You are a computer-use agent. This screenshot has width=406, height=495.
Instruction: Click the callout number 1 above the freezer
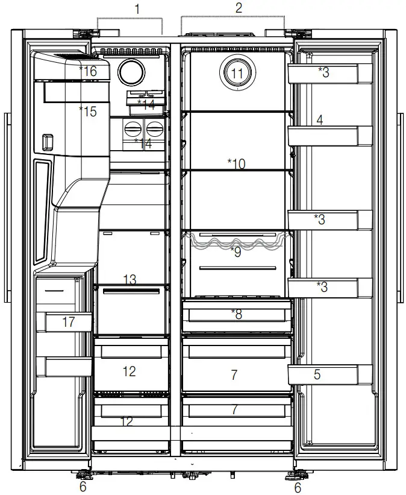[x=137, y=9]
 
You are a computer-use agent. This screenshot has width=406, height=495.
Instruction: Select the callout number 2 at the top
[x=239, y=8]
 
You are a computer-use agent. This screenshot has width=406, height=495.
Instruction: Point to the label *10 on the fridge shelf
[x=236, y=163]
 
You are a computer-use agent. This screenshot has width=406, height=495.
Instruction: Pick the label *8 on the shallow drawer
[x=236, y=314]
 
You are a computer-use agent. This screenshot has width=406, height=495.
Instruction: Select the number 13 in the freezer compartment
[x=130, y=280]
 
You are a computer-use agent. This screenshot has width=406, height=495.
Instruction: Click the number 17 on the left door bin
[x=69, y=322]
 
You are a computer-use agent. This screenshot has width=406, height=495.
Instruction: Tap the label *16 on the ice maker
[x=87, y=71]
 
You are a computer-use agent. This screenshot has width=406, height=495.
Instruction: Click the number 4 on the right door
[x=320, y=120]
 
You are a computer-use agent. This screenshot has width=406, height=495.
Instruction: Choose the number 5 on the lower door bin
[x=317, y=374]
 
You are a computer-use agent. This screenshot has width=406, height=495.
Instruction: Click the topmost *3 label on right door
[x=323, y=72]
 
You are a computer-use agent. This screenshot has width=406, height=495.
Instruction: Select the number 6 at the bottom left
[x=83, y=487]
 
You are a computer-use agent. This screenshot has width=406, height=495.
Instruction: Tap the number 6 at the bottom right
[x=297, y=487]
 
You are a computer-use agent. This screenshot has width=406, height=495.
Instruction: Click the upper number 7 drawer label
[x=234, y=375]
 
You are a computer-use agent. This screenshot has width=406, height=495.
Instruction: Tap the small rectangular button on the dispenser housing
[x=46, y=143]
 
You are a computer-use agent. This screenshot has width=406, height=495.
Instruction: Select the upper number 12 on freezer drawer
[x=130, y=371]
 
